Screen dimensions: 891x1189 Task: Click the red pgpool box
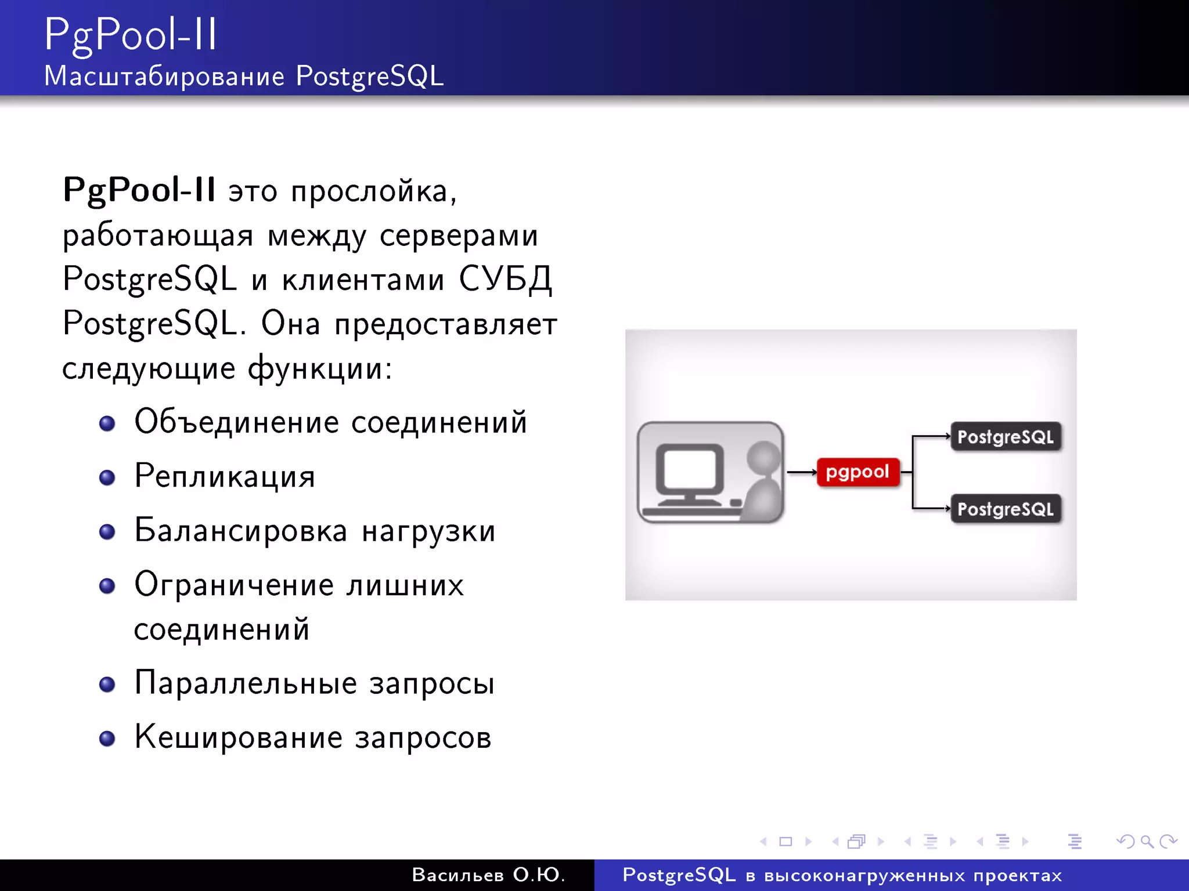(x=857, y=472)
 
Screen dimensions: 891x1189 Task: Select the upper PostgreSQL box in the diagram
(x=1006, y=437)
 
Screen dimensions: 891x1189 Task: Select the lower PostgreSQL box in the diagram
(x=1006, y=509)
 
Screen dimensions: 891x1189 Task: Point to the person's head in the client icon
(x=763, y=457)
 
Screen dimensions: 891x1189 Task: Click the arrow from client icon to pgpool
(x=801, y=472)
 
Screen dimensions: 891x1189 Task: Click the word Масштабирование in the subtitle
(x=164, y=76)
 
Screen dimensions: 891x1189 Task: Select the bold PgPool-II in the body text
(x=139, y=190)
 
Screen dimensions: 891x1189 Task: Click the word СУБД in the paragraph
(x=505, y=279)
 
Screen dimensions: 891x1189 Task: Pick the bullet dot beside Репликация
(x=107, y=477)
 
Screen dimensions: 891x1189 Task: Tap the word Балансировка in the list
(x=241, y=531)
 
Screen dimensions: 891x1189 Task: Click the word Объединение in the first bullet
(x=236, y=422)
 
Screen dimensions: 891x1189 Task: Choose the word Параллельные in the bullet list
(x=245, y=683)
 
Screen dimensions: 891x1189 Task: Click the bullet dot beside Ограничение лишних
(x=107, y=586)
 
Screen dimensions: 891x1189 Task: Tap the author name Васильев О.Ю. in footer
(x=488, y=875)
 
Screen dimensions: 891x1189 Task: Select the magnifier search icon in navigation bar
(x=1147, y=841)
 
